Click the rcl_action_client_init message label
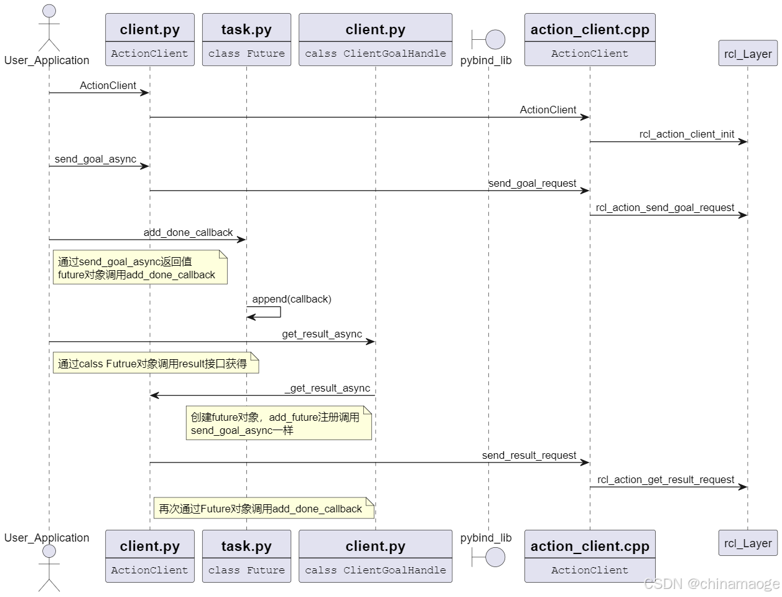(686, 134)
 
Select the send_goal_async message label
(95, 159)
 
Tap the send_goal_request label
(532, 184)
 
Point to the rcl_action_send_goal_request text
(664, 208)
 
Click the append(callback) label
(291, 299)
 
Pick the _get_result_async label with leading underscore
(327, 388)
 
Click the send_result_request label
(529, 456)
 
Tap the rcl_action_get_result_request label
(666, 480)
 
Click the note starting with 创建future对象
(278, 424)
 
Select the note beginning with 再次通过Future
(263, 509)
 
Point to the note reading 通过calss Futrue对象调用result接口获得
(155, 364)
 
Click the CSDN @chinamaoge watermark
(711, 584)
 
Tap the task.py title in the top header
(246, 29)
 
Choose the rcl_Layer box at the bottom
(748, 543)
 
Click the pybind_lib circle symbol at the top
(495, 39)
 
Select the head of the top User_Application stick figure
(49, 11)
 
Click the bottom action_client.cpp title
(590, 546)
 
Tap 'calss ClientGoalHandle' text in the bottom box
(375, 570)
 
